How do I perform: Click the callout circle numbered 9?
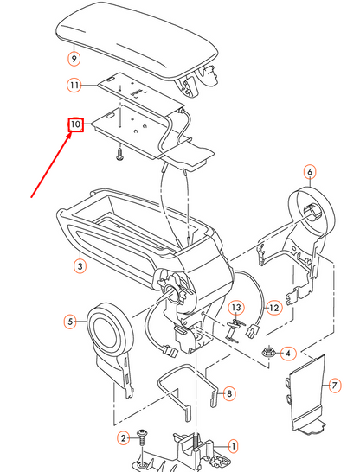[74, 60]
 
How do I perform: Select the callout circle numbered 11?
[74, 86]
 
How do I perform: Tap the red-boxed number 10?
[75, 125]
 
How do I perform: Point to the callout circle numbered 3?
[79, 267]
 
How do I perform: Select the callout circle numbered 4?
[289, 353]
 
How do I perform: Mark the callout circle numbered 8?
[229, 394]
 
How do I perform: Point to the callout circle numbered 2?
[124, 439]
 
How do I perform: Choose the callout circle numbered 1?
[231, 446]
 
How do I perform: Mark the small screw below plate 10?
[119, 154]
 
